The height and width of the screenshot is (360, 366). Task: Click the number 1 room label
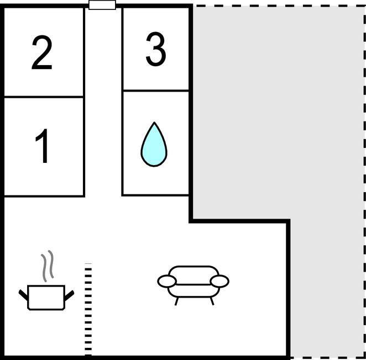(42, 146)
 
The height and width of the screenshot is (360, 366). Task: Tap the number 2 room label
(42, 52)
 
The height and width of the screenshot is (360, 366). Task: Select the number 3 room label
(156, 49)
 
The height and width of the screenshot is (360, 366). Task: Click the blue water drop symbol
(154, 144)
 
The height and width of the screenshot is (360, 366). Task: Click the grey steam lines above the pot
(48, 266)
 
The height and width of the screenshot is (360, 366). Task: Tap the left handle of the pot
(23, 295)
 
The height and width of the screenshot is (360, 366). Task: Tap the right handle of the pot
(69, 295)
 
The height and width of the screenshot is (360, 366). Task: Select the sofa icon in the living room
(194, 285)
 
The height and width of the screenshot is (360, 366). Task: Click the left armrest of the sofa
(166, 281)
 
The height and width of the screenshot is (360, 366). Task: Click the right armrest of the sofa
(219, 281)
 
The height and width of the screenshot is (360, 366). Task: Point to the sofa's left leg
(177, 301)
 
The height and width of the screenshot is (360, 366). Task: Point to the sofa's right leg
(212, 301)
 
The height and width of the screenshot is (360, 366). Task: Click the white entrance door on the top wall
(102, 5)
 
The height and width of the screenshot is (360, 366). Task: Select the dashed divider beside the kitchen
(88, 310)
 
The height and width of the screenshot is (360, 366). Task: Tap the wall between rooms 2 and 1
(44, 97)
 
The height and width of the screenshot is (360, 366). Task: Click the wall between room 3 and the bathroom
(156, 91)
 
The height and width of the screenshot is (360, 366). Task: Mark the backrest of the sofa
(194, 275)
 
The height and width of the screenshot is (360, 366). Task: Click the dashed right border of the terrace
(364, 182)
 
